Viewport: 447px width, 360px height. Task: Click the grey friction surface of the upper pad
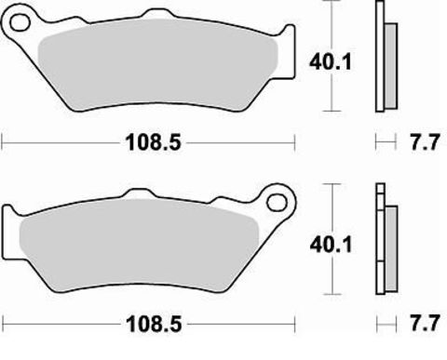(158, 65)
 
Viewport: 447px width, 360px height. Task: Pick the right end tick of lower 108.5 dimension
(295, 327)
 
